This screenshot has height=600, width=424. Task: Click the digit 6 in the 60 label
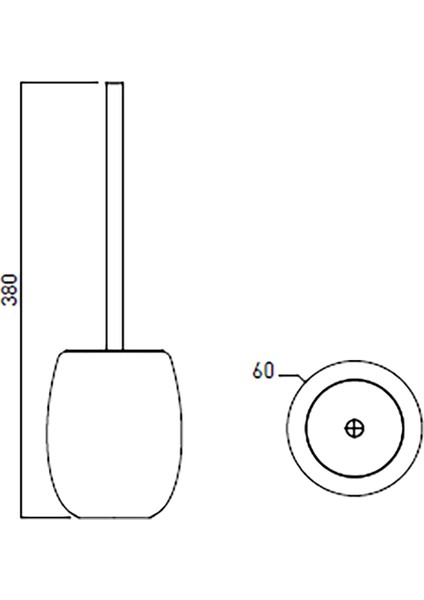(258, 371)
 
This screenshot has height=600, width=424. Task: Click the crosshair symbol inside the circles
(353, 427)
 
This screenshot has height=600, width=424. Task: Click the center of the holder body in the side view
(113, 435)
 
